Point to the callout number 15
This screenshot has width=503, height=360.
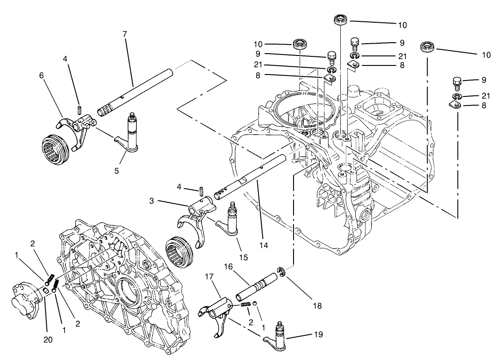243,258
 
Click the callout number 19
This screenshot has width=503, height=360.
318,335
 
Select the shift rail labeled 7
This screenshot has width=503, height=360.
136,90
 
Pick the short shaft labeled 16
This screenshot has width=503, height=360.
257,287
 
